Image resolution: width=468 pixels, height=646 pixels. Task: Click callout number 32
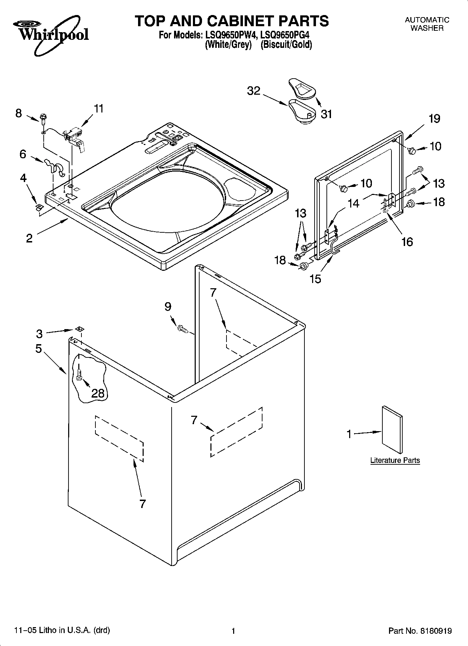tap(254, 91)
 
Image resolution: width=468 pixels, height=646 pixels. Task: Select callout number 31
tap(326, 114)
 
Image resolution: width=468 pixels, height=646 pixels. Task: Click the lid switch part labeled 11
tap(74, 138)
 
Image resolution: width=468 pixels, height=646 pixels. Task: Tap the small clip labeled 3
tap(79, 328)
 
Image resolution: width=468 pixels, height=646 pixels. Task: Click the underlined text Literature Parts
tap(395, 460)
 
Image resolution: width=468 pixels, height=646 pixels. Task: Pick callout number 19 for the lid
tap(434, 119)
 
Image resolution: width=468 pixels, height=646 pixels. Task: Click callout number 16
tap(407, 241)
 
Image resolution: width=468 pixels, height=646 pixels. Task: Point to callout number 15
tap(315, 279)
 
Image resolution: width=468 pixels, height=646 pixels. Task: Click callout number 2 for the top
tap(29, 238)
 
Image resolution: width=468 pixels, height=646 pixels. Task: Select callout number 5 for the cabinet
tap(38, 348)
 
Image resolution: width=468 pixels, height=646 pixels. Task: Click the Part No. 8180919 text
tap(420, 631)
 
